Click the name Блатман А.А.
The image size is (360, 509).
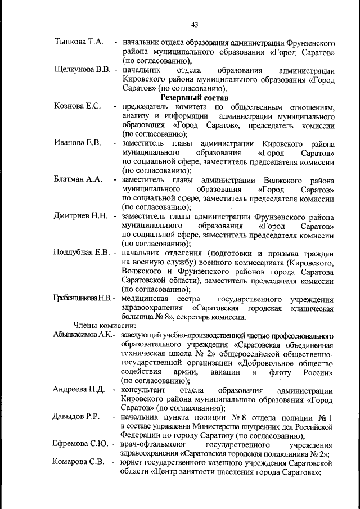[x=78, y=179]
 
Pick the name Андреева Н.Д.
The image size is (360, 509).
[x=79, y=389]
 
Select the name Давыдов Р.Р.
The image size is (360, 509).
[x=76, y=417]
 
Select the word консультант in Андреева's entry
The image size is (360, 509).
[x=145, y=389]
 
